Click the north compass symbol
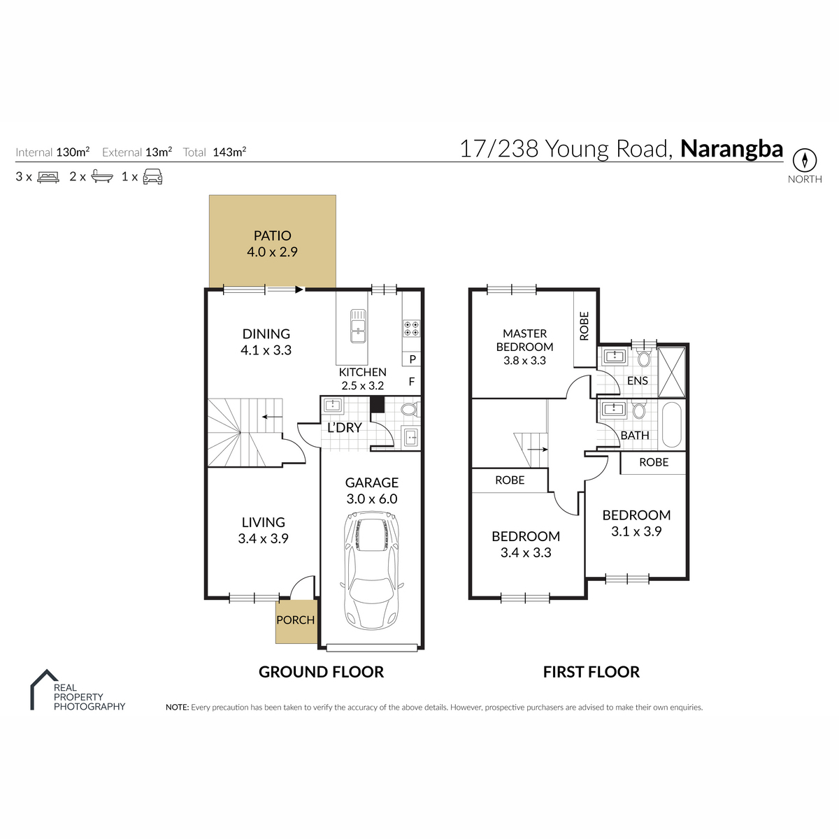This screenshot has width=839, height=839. click(804, 160)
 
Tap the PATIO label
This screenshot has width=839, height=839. click(272, 236)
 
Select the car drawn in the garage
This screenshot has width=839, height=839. click(371, 571)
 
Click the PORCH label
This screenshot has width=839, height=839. click(295, 619)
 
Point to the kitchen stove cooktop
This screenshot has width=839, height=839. click(411, 329)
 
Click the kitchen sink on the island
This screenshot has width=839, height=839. click(358, 326)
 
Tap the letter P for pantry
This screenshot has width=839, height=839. click(413, 359)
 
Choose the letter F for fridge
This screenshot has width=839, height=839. click(411, 382)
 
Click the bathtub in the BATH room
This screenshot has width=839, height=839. click(672, 424)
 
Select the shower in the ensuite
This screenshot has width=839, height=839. click(671, 372)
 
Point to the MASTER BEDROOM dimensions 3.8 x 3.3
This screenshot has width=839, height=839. click(524, 361)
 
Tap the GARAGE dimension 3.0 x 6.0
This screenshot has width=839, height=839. click(372, 499)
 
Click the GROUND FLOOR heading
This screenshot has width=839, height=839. click(322, 672)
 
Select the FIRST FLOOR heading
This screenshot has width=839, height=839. click(591, 672)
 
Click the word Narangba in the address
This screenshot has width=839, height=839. click(731, 149)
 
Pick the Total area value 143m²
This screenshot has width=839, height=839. click(229, 152)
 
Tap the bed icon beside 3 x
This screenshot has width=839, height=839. click(48, 177)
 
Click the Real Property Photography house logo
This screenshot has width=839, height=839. click(43, 689)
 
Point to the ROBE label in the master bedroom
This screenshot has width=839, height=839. click(585, 326)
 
